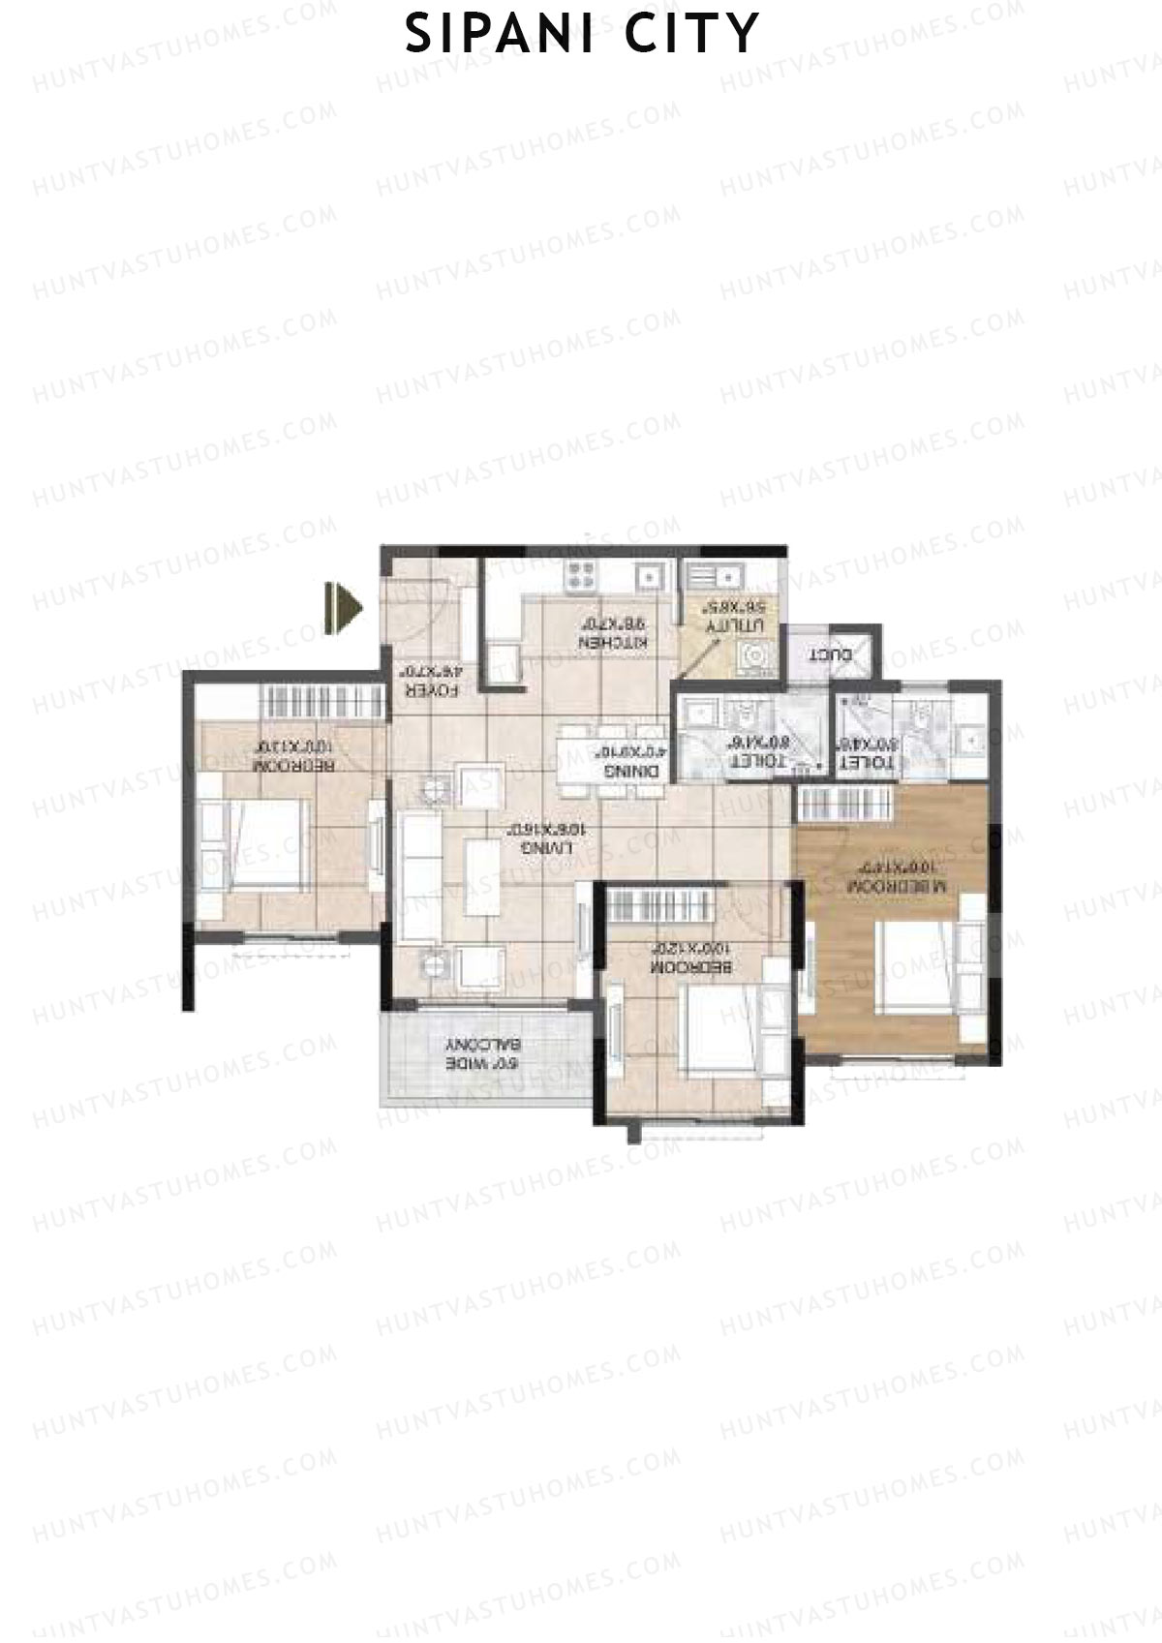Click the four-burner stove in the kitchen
[581, 575]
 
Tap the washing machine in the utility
[755, 657]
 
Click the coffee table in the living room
[480, 877]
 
